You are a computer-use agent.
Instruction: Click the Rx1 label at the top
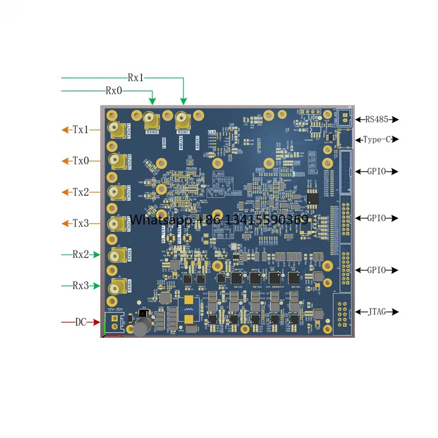pos(136,78)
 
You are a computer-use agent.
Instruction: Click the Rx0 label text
pos(114,91)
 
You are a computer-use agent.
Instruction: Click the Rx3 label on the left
pos(80,286)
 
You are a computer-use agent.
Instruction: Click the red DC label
pos(81,322)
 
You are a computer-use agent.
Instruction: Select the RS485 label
pos(378,119)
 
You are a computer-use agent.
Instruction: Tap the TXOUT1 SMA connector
pos(117,130)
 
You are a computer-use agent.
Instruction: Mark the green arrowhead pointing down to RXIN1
pos(183,101)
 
